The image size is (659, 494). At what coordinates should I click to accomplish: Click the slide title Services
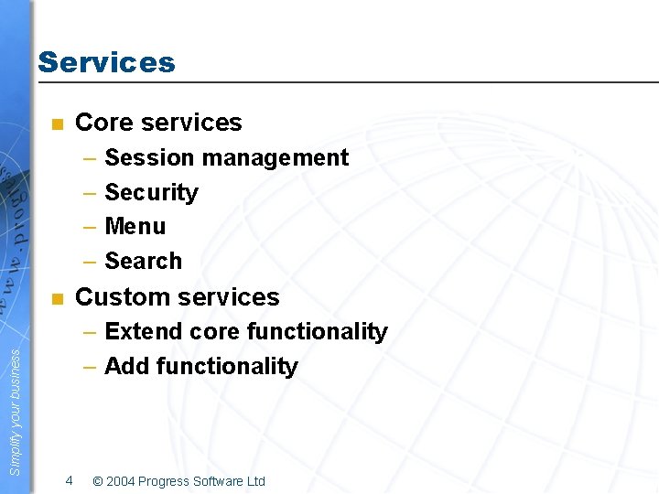[106, 62]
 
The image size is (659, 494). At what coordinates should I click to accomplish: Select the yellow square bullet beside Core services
[57, 123]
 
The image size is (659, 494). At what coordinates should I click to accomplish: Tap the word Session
[149, 158]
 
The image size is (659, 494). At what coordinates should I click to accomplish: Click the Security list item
[151, 193]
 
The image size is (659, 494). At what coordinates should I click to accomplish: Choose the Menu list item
[135, 227]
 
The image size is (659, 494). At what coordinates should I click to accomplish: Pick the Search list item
[144, 262]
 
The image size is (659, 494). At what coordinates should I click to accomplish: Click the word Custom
[115, 297]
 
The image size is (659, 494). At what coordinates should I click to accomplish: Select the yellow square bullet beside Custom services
[57, 298]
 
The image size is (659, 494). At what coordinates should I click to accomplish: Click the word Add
[127, 367]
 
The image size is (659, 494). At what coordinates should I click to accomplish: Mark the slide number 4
[69, 480]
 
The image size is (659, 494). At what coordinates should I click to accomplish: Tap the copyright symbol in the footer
[98, 481]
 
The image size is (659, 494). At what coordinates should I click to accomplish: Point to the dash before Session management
[90, 158]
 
